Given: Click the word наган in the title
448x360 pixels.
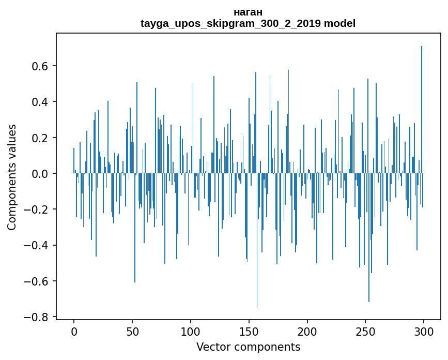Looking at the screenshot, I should tap(248, 12).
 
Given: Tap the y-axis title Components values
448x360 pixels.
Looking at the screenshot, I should tap(11, 177).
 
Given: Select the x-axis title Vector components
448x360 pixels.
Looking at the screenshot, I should tap(248, 347).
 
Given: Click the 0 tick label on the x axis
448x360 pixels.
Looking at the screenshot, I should tap(74, 331).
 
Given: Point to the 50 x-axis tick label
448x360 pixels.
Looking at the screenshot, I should tap(132, 331).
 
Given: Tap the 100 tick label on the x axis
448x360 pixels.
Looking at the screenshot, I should tap(191, 331).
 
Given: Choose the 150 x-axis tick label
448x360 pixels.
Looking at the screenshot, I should tap(249, 331).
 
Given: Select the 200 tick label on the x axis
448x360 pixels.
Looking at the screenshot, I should tap(307, 331).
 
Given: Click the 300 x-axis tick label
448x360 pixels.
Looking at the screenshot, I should tap(424, 331).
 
